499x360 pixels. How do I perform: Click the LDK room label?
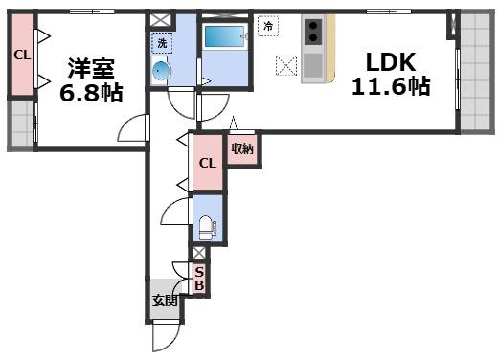[x=391, y=62]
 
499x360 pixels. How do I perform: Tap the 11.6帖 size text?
[x=391, y=86]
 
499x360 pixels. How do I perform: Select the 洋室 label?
[x=91, y=68]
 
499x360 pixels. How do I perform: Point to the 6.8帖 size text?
[x=91, y=93]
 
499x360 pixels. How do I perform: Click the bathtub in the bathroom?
[x=224, y=37]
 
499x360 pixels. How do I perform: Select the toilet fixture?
[x=208, y=228]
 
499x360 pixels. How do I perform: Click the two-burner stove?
[x=313, y=32]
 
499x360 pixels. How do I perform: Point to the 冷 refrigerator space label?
[x=268, y=26]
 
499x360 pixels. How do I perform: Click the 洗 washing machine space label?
[x=162, y=43]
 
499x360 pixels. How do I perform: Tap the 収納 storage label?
[x=242, y=148]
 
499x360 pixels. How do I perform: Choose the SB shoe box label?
[x=199, y=279]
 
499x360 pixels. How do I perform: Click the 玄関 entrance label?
[x=165, y=301]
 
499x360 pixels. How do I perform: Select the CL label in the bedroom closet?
[x=22, y=56]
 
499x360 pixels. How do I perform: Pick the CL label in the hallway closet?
[x=208, y=164]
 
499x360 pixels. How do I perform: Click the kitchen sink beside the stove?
[x=313, y=65]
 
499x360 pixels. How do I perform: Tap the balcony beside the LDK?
[x=475, y=71]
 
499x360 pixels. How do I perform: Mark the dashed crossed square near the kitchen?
[x=286, y=66]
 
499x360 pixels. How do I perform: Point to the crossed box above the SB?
[x=199, y=253]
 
